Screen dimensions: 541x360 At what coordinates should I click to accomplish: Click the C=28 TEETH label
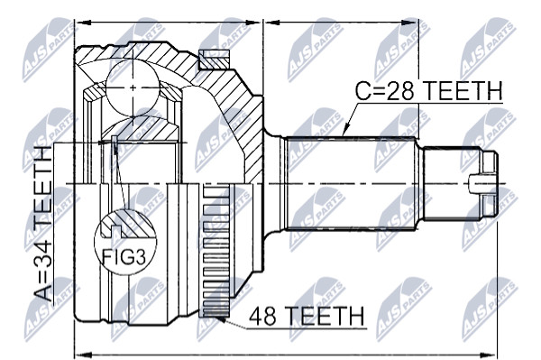tap(429, 91)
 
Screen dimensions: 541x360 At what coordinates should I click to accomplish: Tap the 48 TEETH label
tap(307, 316)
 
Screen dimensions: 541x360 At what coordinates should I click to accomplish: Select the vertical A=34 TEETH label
tap(44, 224)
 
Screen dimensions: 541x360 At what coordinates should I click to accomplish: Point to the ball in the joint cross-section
tap(133, 88)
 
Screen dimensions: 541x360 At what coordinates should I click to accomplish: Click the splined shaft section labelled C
tap(351, 183)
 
